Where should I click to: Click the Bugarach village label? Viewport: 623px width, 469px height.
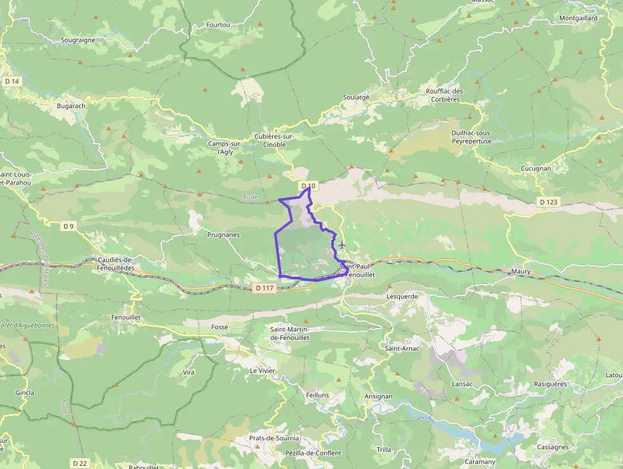point(71,106)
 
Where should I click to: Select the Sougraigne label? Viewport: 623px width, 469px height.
point(78,39)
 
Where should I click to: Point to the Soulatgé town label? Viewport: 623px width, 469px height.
point(356,97)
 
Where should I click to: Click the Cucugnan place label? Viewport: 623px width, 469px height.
point(537,169)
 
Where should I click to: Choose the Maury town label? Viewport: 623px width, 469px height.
point(520,272)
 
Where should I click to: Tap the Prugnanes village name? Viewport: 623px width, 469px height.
point(224,235)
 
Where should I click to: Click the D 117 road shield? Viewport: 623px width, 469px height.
point(264,288)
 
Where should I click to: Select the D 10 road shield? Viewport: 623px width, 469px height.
point(308,186)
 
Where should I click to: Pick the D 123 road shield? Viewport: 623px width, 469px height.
point(548,202)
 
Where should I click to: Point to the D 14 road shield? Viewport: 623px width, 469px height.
point(12,81)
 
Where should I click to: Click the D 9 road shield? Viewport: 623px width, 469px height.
point(69,226)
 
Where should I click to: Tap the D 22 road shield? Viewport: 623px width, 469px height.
point(79,463)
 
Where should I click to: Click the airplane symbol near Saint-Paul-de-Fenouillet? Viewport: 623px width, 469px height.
point(343,245)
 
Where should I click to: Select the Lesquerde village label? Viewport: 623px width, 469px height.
point(402,296)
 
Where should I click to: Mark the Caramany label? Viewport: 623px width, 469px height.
point(480,461)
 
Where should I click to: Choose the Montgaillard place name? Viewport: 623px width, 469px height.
point(578,18)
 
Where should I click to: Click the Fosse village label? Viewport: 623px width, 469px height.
point(219,326)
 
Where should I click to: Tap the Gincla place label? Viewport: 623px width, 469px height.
point(24,393)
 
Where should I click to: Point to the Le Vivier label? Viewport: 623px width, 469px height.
point(262,370)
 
